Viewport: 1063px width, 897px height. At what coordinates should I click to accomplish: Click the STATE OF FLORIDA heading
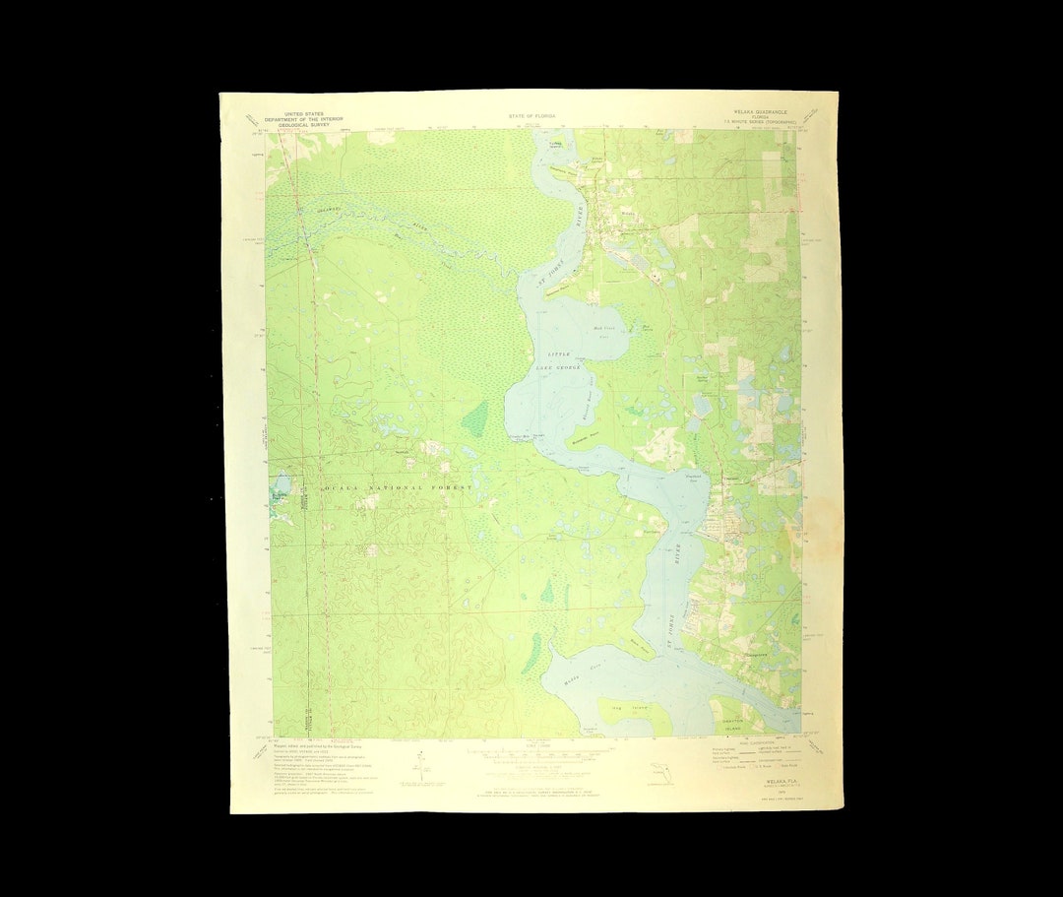(x=531, y=115)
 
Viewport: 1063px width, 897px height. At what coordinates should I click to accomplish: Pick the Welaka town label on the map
(x=628, y=212)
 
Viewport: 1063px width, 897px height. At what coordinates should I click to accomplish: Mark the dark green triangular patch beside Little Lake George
(x=473, y=420)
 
